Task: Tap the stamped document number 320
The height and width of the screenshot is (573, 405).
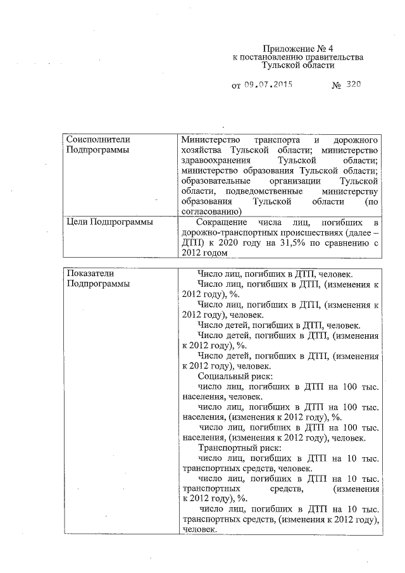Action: [x=353, y=84]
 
